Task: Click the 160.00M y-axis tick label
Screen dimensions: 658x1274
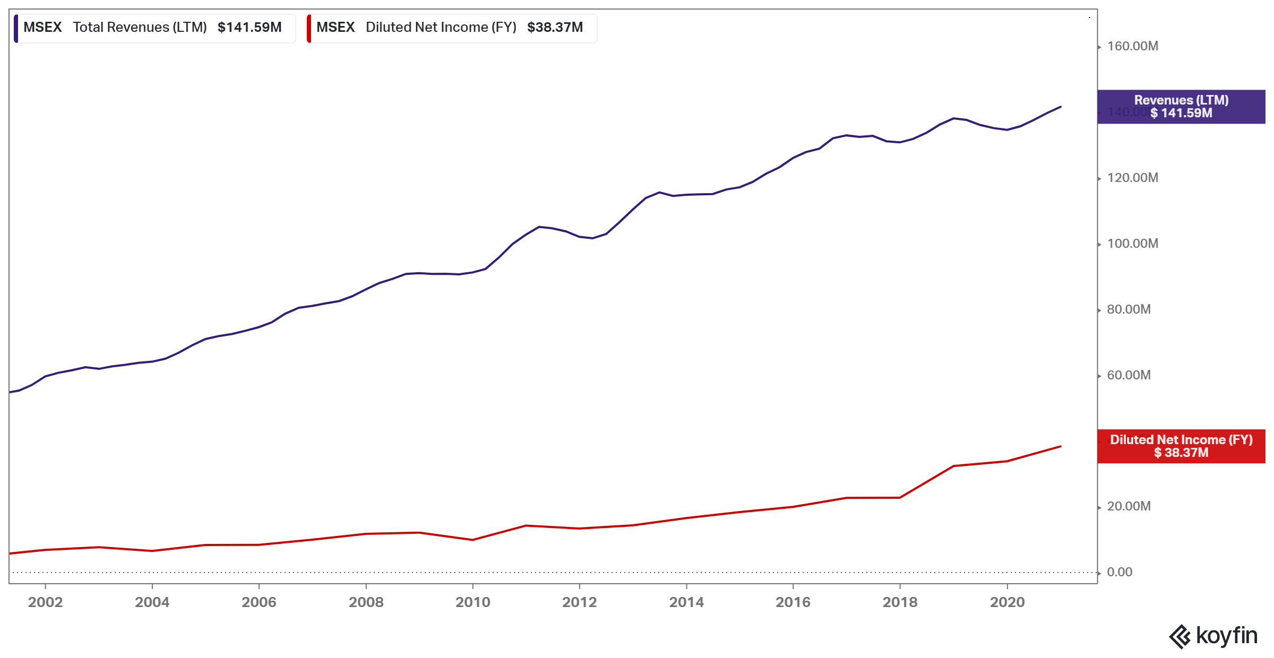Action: pyautogui.click(x=1132, y=46)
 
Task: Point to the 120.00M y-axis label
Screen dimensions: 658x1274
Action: pyautogui.click(x=1132, y=178)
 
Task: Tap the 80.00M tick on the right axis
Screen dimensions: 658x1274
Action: pyautogui.click(x=1129, y=309)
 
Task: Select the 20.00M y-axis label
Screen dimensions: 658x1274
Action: pyautogui.click(x=1129, y=506)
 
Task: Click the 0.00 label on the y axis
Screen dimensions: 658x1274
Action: pyautogui.click(x=1120, y=572)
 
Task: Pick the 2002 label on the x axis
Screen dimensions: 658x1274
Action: pyautogui.click(x=45, y=602)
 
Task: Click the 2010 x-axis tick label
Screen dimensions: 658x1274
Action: pyautogui.click(x=472, y=602)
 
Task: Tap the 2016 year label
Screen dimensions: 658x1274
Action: pyautogui.click(x=793, y=602)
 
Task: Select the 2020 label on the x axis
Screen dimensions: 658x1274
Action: pyautogui.click(x=1007, y=602)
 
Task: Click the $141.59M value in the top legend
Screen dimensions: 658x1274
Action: pyautogui.click(x=249, y=28)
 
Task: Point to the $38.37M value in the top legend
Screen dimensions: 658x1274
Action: pyautogui.click(x=555, y=28)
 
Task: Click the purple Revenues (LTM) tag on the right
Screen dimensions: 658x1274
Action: pyautogui.click(x=1181, y=107)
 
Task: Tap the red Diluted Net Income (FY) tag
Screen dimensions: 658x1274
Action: pyautogui.click(x=1181, y=446)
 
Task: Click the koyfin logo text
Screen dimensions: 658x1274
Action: pyautogui.click(x=1226, y=635)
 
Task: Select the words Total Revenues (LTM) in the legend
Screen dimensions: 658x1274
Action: pyautogui.click(x=140, y=28)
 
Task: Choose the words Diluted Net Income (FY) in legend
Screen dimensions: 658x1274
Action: pyautogui.click(x=441, y=28)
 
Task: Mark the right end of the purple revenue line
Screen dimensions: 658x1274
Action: pyautogui.click(x=1061, y=107)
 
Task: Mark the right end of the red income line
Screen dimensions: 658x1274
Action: pyautogui.click(x=1061, y=446)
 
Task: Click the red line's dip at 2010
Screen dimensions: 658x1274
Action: pyautogui.click(x=472, y=540)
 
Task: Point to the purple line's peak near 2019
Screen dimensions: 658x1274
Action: pyautogui.click(x=954, y=118)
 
